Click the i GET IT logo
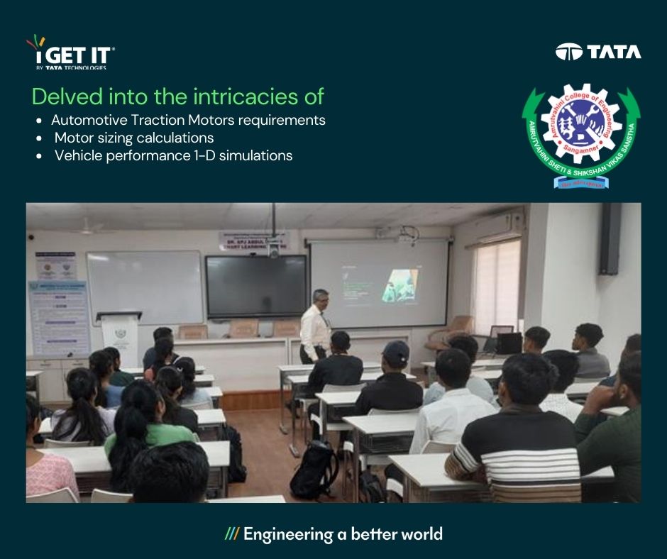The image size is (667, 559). click(70, 53)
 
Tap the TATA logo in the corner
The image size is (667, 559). click(598, 52)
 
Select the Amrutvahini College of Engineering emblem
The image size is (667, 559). click(581, 134)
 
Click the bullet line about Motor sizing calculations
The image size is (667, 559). click(133, 138)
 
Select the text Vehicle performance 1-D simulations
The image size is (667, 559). click(173, 155)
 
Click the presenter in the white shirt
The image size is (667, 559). click(315, 326)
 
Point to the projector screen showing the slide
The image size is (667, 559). click(380, 282)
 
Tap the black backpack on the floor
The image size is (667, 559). click(315, 469)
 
